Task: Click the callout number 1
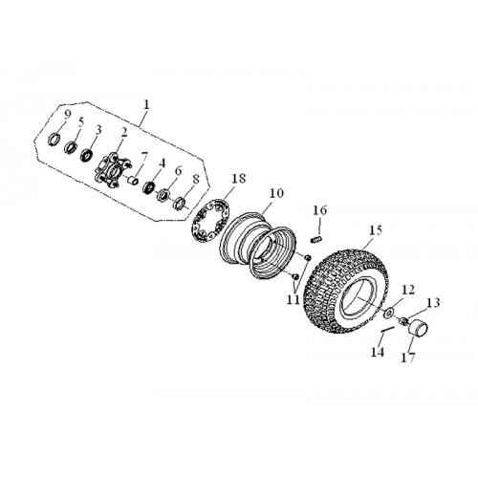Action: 146,105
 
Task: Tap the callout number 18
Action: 239,179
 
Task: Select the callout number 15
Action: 376,230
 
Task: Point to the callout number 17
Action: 408,357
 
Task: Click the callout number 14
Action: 378,352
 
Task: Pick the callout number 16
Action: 320,210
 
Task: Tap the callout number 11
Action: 293,299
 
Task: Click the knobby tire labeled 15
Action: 347,290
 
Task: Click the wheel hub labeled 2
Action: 113,169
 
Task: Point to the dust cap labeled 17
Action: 419,328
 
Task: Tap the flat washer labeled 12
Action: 389,313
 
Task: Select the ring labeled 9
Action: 54,140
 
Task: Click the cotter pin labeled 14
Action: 388,330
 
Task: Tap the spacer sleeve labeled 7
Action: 133,181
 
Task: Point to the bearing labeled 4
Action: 148,186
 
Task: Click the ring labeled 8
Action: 181,204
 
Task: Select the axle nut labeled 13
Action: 404,320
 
